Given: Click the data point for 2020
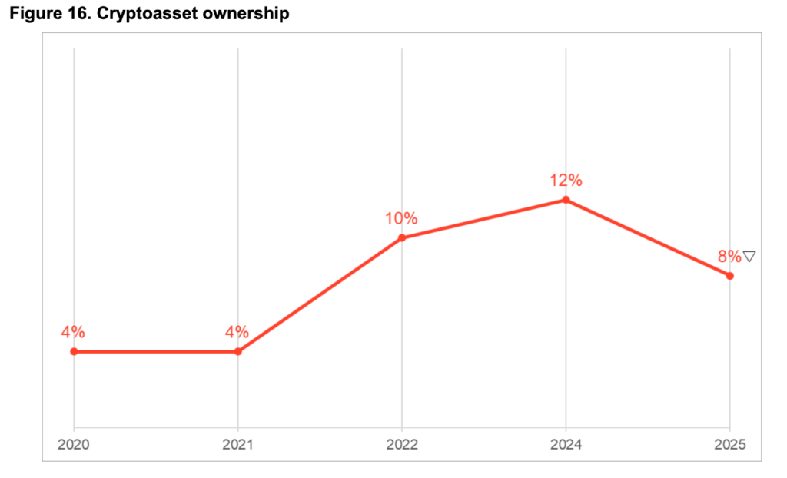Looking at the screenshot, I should pyautogui.click(x=74, y=351).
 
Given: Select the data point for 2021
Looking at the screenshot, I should pyautogui.click(x=237, y=351).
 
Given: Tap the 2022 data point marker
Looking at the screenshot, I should pyautogui.click(x=402, y=238).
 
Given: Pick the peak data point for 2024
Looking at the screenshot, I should pyautogui.click(x=566, y=200).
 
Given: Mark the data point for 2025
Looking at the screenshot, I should pyautogui.click(x=729, y=276).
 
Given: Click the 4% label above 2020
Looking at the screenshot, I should pyautogui.click(x=73, y=332).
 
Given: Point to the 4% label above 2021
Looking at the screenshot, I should pyautogui.click(x=237, y=332).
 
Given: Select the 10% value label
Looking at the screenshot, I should pyautogui.click(x=401, y=218).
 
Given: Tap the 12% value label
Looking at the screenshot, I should pyautogui.click(x=566, y=181).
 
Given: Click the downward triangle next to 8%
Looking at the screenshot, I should pyautogui.click(x=749, y=257).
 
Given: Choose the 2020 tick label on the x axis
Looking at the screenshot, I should pyautogui.click(x=74, y=444).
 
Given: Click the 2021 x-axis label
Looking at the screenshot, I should pyautogui.click(x=237, y=444).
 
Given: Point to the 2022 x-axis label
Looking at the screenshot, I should pyautogui.click(x=402, y=444).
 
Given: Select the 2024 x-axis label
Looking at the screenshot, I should pyautogui.click(x=566, y=444).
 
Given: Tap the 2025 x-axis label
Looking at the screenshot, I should pyautogui.click(x=729, y=444).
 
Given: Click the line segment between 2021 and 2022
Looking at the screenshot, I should pyautogui.click(x=320, y=295).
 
